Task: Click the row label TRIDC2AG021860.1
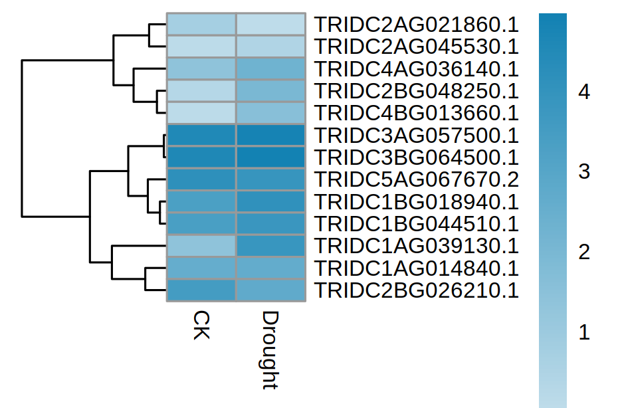coord(416,25)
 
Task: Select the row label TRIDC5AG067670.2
coord(416,179)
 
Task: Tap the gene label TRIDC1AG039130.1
coord(416,246)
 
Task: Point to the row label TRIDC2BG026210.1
coord(416,290)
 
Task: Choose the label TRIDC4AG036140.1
coord(416,68)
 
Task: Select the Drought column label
coord(270,349)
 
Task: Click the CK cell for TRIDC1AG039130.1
coord(201,246)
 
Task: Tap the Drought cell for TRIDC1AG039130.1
coord(270,246)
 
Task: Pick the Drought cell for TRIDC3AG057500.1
coord(270,135)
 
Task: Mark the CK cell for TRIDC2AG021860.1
coord(201,25)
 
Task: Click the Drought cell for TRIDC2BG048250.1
coord(270,91)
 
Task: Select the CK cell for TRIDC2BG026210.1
coord(201,290)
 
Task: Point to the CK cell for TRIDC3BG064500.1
coord(201,157)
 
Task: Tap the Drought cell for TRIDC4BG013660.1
coord(270,113)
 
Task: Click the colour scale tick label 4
coord(584,92)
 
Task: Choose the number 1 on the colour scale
coord(584,333)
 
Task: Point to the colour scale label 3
coord(584,173)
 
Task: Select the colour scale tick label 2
coord(584,253)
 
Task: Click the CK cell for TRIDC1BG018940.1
coord(201,201)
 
